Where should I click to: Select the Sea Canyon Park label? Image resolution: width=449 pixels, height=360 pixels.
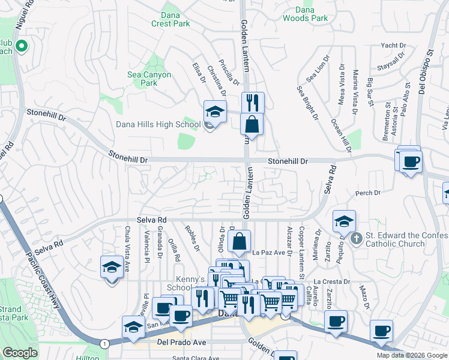pyautogui.click(x=149, y=79)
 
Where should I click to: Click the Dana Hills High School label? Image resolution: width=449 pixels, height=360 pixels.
pyautogui.click(x=158, y=124)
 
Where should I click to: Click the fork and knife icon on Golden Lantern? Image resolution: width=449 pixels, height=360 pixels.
pyautogui.click(x=253, y=102)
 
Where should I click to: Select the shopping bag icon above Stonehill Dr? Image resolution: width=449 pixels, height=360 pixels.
pyautogui.click(x=252, y=125)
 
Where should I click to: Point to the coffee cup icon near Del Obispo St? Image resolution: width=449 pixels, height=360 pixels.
pyautogui.click(x=411, y=161)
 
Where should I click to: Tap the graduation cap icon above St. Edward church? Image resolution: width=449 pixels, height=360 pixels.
pyautogui.click(x=344, y=221)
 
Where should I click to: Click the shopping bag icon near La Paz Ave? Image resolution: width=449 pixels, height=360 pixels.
pyautogui.click(x=240, y=242)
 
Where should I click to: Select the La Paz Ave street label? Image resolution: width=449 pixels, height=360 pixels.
pyautogui.click(x=268, y=253)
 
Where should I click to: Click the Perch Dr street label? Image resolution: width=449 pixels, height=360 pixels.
pyautogui.click(x=368, y=193)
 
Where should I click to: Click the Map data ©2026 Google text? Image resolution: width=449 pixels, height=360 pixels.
pyautogui.click(x=412, y=355)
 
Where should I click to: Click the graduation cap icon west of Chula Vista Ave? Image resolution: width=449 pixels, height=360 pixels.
pyautogui.click(x=111, y=267)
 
